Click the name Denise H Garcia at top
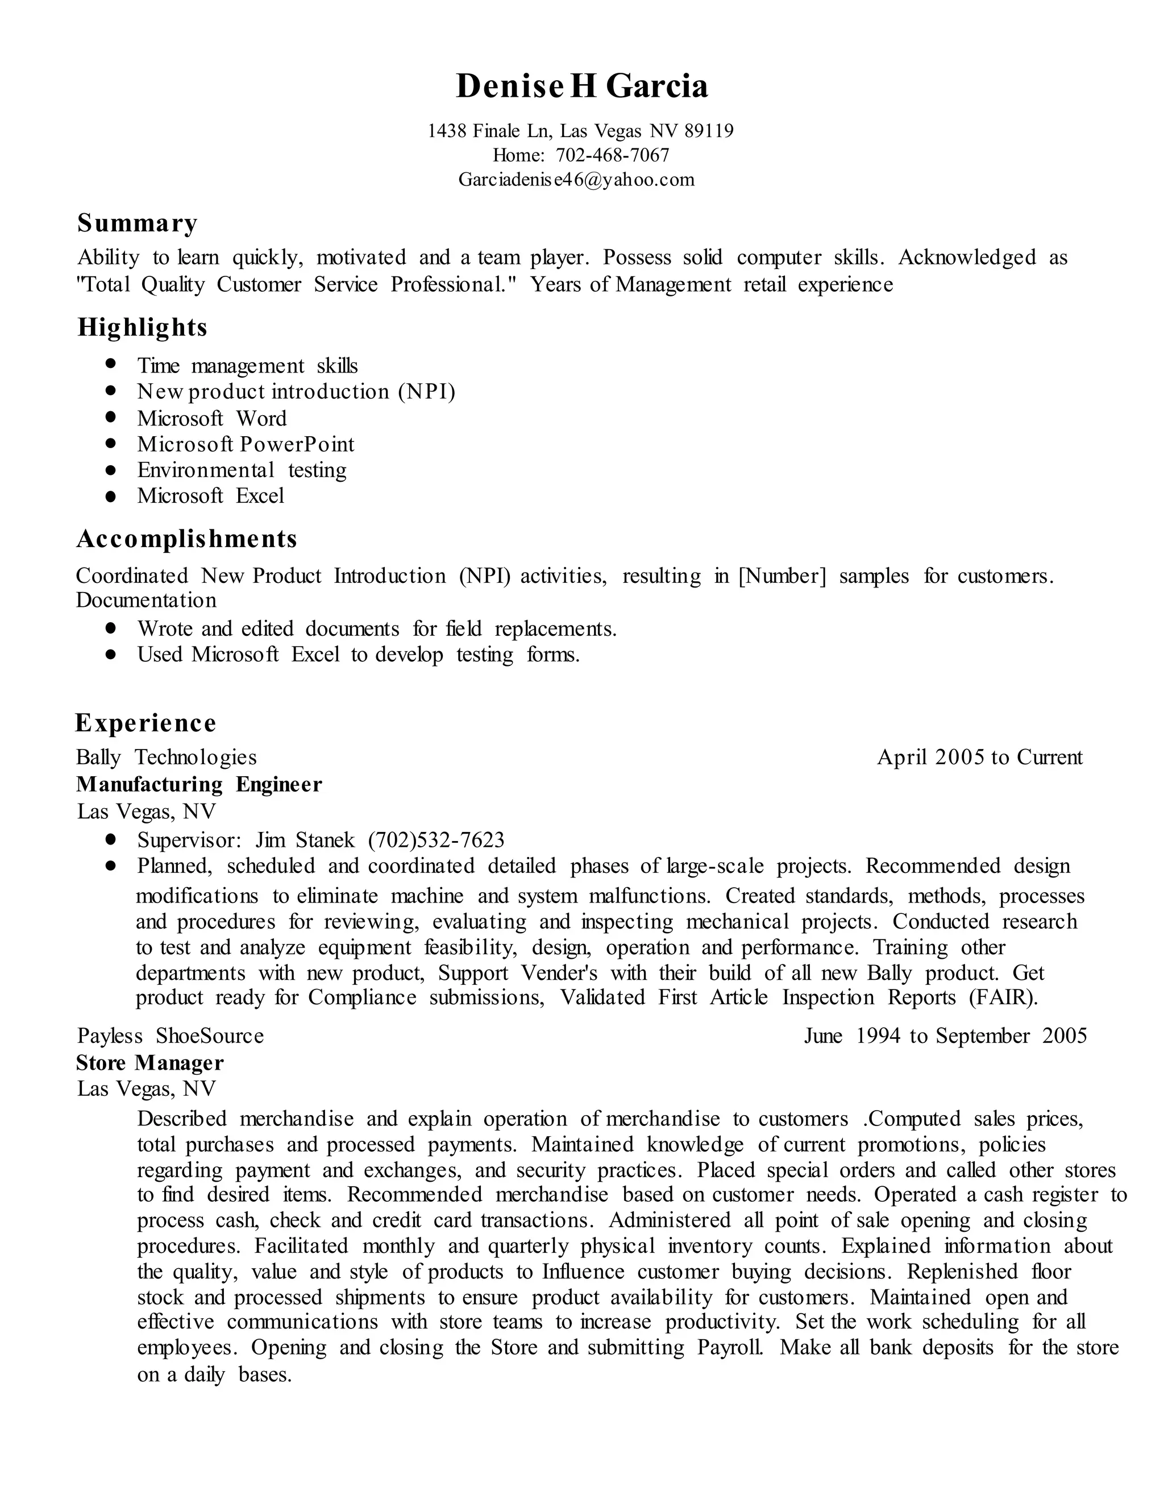pos(581,86)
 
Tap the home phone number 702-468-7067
pos(612,155)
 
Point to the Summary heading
pos(137,223)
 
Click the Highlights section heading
pos(142,327)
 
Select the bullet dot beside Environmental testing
pos(110,470)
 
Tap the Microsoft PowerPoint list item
pos(246,444)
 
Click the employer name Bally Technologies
pos(166,757)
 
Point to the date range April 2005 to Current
pos(979,757)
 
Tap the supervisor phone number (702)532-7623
pos(436,840)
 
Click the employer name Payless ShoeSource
pos(171,1036)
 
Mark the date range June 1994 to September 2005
pos(945,1036)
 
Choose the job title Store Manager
pos(149,1063)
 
